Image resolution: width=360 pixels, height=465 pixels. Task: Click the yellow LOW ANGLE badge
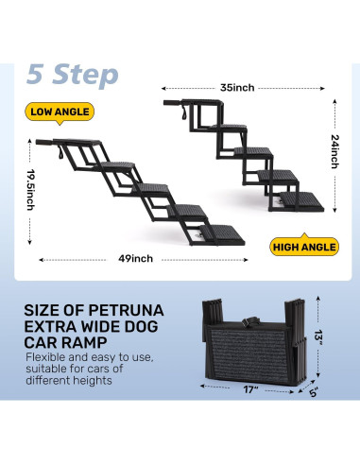tap(60, 112)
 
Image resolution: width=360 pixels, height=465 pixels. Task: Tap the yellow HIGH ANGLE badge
tap(304, 246)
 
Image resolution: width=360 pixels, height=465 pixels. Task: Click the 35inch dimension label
tap(237, 88)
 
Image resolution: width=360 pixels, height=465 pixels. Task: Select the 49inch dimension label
tap(135, 259)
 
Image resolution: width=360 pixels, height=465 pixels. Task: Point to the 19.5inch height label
tap(31, 190)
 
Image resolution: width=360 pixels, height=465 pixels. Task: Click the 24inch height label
tap(335, 151)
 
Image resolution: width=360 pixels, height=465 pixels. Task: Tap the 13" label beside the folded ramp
tap(318, 337)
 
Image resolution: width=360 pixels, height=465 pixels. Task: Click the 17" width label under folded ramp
tap(250, 389)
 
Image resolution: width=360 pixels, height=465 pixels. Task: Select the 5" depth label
tap(314, 392)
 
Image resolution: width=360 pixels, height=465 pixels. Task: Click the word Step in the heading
tap(85, 75)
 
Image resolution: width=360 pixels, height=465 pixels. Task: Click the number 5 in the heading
tap(35, 74)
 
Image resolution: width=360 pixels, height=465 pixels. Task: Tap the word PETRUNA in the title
tap(126, 310)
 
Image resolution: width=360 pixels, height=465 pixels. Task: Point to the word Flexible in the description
tap(46, 357)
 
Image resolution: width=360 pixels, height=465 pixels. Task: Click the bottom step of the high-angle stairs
tap(301, 201)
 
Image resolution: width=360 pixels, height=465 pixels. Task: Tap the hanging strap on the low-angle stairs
tap(60, 152)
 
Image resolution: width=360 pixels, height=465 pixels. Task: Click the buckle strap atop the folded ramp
tap(250, 321)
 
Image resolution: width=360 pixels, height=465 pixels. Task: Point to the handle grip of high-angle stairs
tap(172, 103)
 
